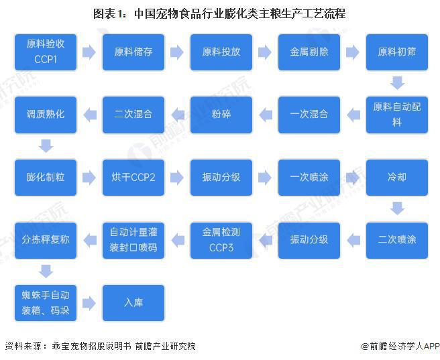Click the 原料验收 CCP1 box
click(x=46, y=52)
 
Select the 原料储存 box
click(x=133, y=52)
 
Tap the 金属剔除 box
click(x=309, y=52)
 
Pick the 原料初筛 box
click(x=397, y=52)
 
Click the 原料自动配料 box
click(x=397, y=115)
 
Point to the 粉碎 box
click(x=221, y=115)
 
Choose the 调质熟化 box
click(x=46, y=115)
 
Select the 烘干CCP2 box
click(x=133, y=178)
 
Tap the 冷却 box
click(x=397, y=178)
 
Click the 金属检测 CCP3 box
click(x=221, y=240)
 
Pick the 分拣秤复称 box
click(x=46, y=240)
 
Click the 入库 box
click(x=133, y=303)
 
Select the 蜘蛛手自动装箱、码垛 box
click(x=46, y=303)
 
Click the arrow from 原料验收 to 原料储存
click(x=89, y=52)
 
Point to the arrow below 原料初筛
click(x=397, y=83)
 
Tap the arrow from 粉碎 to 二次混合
click(x=178, y=115)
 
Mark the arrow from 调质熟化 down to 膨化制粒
click(x=46, y=145)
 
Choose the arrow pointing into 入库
click(x=89, y=303)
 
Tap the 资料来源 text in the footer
click(x=23, y=347)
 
